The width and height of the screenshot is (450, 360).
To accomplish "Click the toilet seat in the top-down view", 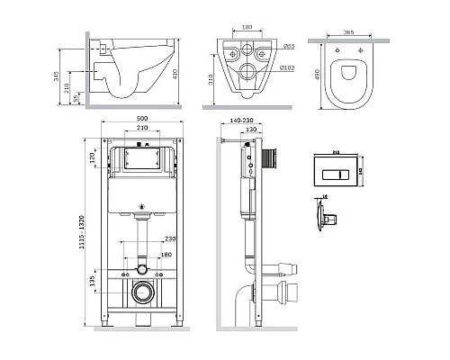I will click(x=349, y=76).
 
